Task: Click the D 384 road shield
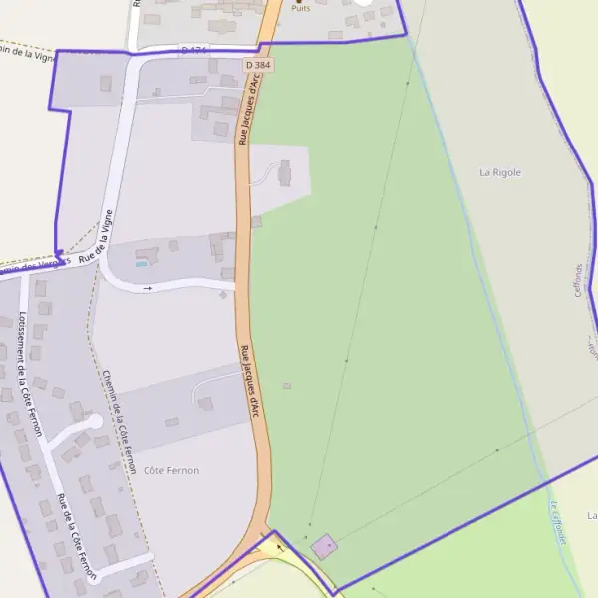coord(258,65)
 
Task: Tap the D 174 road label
coord(193,50)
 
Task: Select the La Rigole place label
coord(500,172)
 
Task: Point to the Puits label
coord(300,7)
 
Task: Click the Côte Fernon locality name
coord(171,470)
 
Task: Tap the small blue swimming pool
coord(141,263)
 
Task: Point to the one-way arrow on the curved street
coord(149,288)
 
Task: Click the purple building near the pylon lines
coord(324,546)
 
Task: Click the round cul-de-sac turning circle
coord(95,422)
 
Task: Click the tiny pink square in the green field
coord(287,385)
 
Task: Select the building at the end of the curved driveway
coord(285,174)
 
